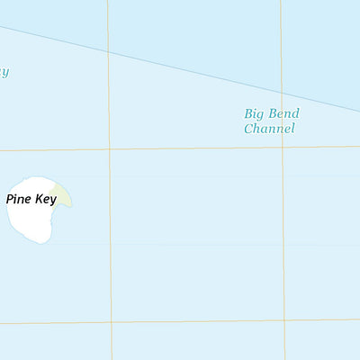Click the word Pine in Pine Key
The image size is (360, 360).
pos(19,200)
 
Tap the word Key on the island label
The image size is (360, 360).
pos(44,200)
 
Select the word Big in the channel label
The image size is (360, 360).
pos(254,114)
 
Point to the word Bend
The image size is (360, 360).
pos(283,114)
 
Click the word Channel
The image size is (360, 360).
pos(269,129)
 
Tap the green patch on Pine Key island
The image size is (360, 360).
pos(63,198)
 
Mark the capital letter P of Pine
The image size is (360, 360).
pos(10,200)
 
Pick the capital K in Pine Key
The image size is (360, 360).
pos(37,200)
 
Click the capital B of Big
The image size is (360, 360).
pos(248,114)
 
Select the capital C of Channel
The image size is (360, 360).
pos(248,129)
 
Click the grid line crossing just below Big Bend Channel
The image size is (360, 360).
pos(283,146)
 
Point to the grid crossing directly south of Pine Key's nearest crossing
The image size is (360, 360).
pos(112,321)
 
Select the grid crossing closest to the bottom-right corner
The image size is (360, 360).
pos(284,319)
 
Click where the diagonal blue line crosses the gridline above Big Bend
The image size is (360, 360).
pos(281,93)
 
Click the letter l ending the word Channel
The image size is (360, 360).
pos(292,129)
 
